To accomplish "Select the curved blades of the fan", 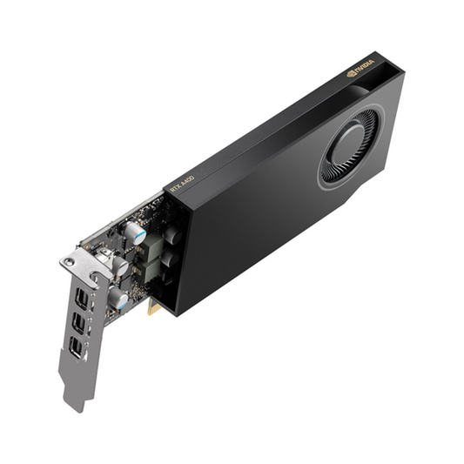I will tap(337, 161).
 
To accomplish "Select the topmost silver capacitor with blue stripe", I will tap(135, 232).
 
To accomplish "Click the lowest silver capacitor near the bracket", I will tap(117, 301).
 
